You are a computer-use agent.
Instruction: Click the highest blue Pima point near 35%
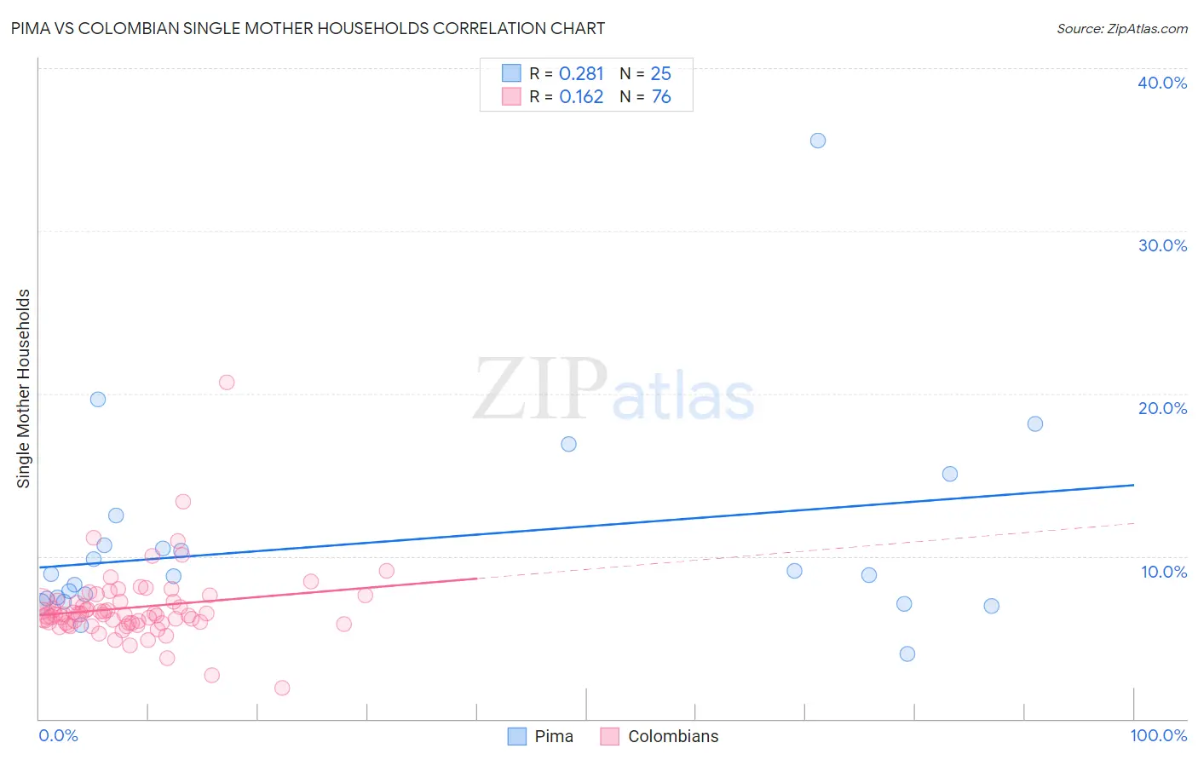click(x=818, y=141)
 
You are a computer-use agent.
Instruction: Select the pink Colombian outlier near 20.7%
click(x=227, y=383)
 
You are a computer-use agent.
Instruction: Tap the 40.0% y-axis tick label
click(x=1162, y=83)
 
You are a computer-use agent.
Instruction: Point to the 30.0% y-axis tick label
click(x=1162, y=245)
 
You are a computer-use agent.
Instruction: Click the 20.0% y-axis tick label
click(x=1162, y=408)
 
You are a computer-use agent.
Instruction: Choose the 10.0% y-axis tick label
click(x=1164, y=572)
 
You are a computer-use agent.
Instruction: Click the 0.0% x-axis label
click(x=58, y=735)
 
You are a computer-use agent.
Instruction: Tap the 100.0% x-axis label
click(x=1158, y=735)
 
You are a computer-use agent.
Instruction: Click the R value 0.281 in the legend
click(x=581, y=74)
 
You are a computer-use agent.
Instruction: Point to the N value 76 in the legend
click(x=661, y=97)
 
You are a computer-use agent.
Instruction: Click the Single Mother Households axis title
click(x=24, y=389)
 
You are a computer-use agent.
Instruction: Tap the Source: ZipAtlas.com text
click(x=1121, y=29)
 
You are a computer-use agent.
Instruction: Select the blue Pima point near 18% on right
click(x=1035, y=423)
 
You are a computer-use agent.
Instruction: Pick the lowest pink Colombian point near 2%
click(x=282, y=688)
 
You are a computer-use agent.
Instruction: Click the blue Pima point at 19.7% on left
click(x=98, y=400)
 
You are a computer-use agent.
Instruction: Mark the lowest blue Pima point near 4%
click(x=907, y=653)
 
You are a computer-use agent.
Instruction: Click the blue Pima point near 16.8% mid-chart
click(x=569, y=444)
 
